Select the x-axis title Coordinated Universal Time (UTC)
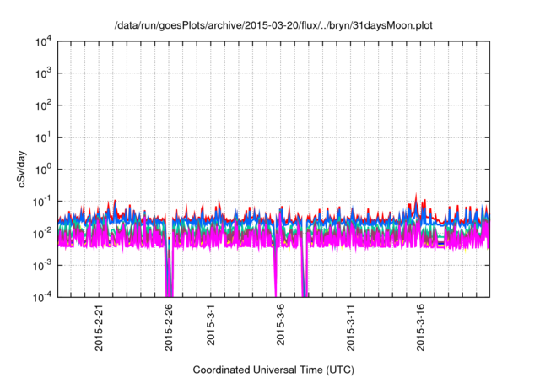pos(274,370)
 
